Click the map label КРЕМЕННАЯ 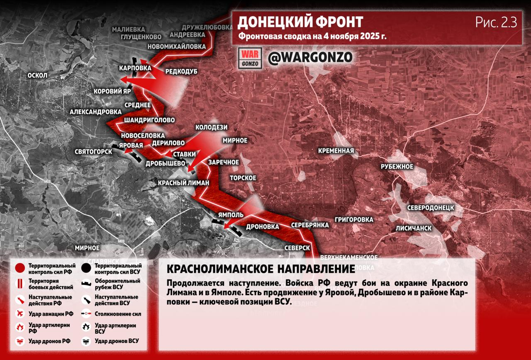[336, 151]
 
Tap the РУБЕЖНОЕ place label [397, 167]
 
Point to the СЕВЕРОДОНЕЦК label [430, 207]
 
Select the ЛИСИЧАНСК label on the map [414, 228]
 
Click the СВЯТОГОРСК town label [93, 152]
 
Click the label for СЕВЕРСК [297, 247]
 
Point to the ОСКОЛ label [37, 76]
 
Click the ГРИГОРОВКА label [354, 219]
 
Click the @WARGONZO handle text [310, 57]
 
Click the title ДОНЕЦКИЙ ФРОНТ [300, 22]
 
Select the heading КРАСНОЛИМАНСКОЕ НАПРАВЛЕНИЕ [261, 269]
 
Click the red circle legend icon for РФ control [19, 268]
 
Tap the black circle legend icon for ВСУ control [86, 268]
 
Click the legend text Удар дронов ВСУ [117, 341]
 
